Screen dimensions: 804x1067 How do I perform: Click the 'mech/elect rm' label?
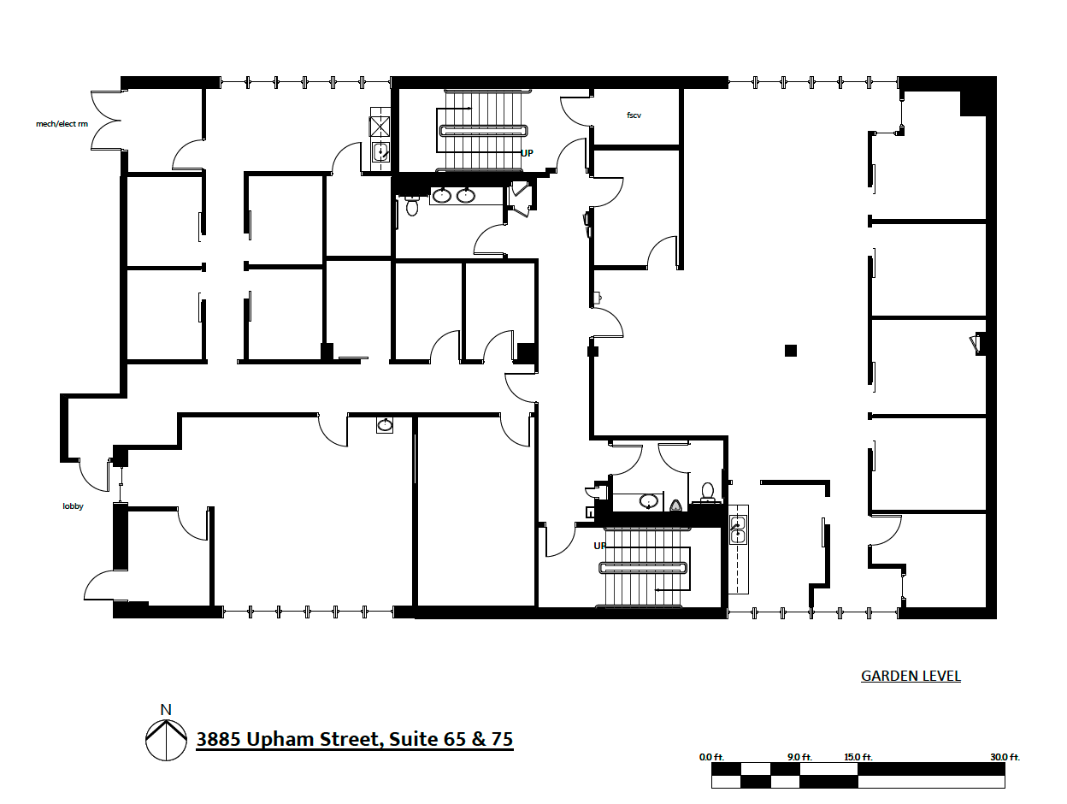[x=62, y=124]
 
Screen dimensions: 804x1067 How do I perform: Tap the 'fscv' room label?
[x=634, y=115]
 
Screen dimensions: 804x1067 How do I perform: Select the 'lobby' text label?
[x=74, y=506]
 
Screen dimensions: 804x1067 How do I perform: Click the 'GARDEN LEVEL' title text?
[x=911, y=677]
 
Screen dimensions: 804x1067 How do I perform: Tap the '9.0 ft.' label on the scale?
[x=799, y=757]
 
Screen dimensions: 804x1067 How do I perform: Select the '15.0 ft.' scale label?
[x=858, y=757]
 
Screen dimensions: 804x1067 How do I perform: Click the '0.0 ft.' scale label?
[x=711, y=757]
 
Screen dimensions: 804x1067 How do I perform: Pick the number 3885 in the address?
[x=219, y=739]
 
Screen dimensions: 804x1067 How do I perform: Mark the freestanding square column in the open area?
[x=791, y=350]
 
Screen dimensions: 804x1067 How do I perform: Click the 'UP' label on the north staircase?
[x=528, y=153]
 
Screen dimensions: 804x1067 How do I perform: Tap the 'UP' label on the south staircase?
[x=599, y=545]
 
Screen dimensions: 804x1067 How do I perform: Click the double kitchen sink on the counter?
[x=738, y=529]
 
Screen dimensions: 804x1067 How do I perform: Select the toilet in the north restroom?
[x=412, y=206]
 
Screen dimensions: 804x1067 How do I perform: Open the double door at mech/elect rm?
[x=109, y=121]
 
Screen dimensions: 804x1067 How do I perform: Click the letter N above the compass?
[x=166, y=709]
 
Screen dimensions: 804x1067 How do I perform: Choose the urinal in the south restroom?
[x=676, y=505]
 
